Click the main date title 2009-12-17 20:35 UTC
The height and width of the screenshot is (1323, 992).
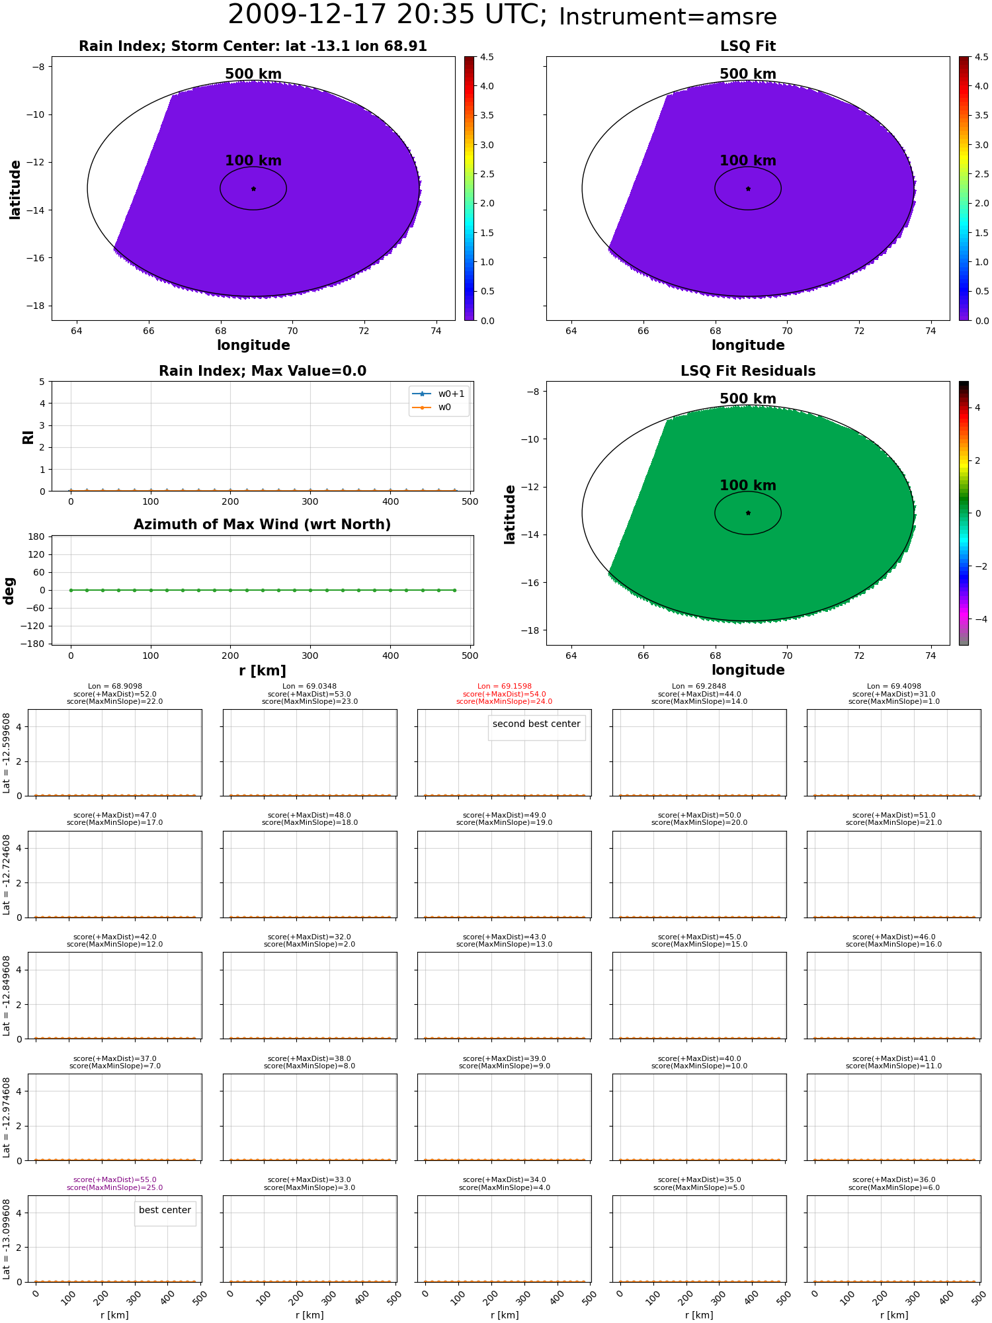(x=388, y=15)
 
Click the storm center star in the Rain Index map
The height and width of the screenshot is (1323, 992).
(x=253, y=189)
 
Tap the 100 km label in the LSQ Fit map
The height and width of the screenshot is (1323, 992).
(x=748, y=161)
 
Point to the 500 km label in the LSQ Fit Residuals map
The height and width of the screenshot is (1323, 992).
(x=748, y=399)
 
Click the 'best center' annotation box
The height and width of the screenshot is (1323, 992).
(x=165, y=1210)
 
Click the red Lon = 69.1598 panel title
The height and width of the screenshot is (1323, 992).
(x=504, y=687)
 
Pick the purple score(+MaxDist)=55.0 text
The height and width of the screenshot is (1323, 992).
(x=115, y=1179)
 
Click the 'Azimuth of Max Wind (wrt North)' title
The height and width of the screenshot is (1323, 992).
(x=262, y=525)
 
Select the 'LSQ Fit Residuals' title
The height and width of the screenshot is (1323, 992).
(x=748, y=371)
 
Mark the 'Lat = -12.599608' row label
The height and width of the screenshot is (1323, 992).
(x=7, y=753)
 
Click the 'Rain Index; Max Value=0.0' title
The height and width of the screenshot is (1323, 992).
(x=263, y=371)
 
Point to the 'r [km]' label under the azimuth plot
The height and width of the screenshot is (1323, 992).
(x=263, y=671)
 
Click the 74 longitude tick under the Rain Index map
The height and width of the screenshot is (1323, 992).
(x=436, y=331)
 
